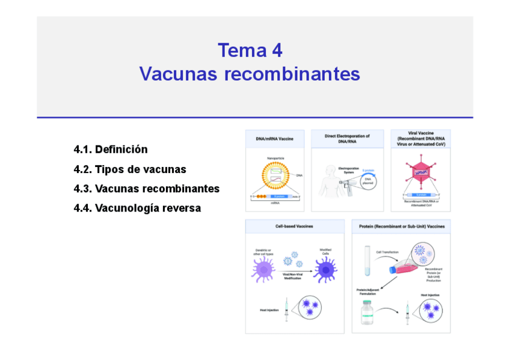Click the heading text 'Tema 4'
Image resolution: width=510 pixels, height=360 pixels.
250,50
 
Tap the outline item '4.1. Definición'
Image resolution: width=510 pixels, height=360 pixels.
111,149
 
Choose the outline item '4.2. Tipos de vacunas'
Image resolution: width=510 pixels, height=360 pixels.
130,169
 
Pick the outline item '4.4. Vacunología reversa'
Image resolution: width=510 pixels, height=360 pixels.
137,208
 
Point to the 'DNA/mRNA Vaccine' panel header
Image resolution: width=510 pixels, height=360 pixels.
274,139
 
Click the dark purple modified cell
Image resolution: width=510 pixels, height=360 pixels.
325,270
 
